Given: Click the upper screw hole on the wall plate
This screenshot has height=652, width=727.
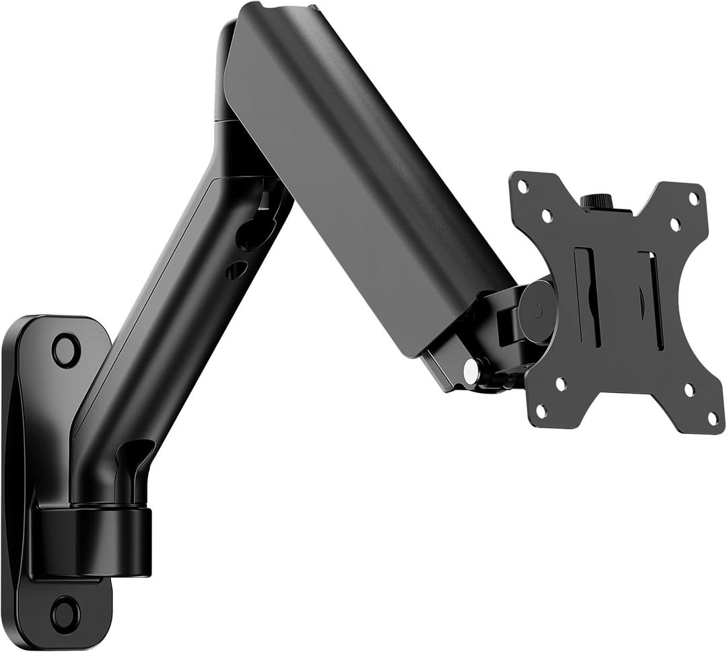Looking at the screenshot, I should (x=66, y=350).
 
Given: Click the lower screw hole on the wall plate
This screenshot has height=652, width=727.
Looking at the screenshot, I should (x=65, y=613).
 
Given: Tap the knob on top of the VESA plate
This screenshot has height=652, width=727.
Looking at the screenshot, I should (x=595, y=201).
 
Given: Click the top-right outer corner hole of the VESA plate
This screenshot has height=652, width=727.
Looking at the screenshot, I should (x=693, y=198).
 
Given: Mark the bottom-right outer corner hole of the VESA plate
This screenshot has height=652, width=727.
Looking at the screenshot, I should (x=712, y=418).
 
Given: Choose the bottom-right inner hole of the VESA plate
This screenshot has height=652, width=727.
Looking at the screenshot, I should (x=689, y=390).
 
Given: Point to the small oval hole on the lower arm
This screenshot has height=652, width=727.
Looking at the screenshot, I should (x=236, y=270).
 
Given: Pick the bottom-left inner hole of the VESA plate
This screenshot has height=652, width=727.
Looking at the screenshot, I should (x=560, y=384).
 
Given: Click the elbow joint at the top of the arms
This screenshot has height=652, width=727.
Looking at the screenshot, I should (x=232, y=74).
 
